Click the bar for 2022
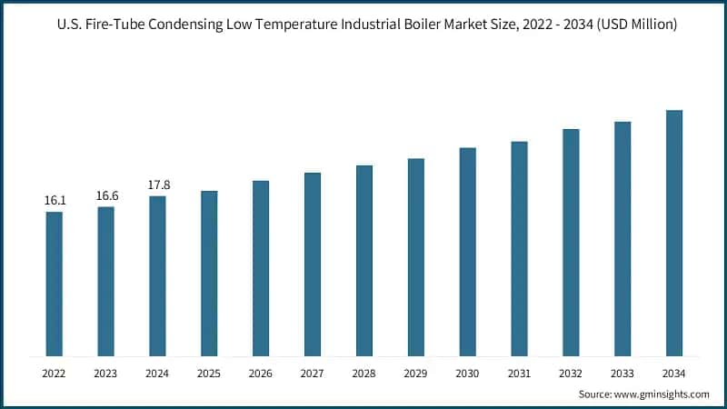pos(55,284)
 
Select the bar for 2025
pos(209,273)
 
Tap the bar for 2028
pos(364,260)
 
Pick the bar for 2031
pos(519,248)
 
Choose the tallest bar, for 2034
pos(673,233)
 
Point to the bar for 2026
pos(261,268)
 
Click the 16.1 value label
pos(55,200)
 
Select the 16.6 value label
pos(106,195)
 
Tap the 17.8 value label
pos(158,185)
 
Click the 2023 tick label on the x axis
pos(106,373)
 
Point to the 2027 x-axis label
pos(313,373)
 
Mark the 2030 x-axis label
pos(467,373)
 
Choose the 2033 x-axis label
pos(622,373)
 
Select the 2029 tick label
pos(415,373)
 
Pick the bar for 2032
pos(571,242)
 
